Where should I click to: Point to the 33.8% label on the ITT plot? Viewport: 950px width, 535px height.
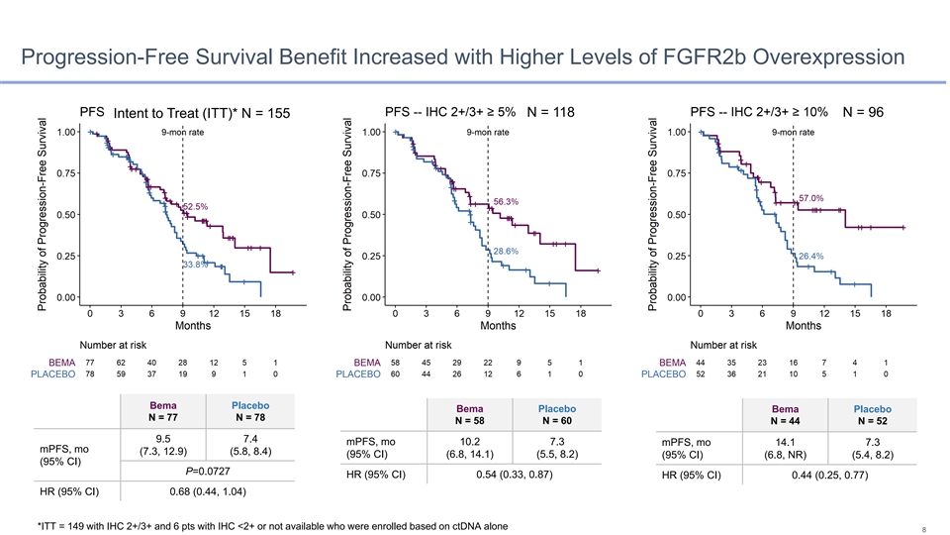[x=195, y=265]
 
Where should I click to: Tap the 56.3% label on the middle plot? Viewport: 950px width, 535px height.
[x=506, y=202]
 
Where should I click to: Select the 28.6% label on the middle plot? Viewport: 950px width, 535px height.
[x=506, y=252]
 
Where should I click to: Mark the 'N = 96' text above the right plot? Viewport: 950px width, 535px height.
[x=863, y=112]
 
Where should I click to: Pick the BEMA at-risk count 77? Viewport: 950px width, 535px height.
[x=90, y=363]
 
